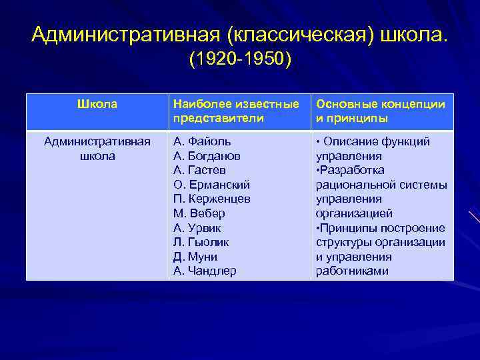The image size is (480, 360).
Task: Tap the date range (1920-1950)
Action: click(x=240, y=61)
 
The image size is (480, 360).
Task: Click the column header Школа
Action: click(x=97, y=104)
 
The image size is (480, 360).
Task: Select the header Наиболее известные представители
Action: click(x=236, y=111)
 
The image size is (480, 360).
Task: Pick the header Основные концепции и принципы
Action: click(x=381, y=111)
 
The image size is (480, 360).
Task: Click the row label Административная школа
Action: click(x=97, y=149)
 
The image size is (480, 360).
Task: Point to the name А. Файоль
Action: click(x=202, y=141)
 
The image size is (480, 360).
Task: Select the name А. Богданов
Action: click(x=207, y=156)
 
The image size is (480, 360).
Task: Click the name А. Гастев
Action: click(x=200, y=170)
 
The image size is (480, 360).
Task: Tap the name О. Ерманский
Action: click(x=211, y=185)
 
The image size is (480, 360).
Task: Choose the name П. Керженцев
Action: click(x=211, y=199)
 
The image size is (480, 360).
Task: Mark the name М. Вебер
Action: click(x=199, y=213)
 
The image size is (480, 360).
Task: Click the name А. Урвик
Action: click(x=199, y=228)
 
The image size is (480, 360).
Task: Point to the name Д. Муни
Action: click(x=195, y=257)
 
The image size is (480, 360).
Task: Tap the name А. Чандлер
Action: click(x=204, y=271)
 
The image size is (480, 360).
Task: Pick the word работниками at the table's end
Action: click(x=352, y=271)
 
